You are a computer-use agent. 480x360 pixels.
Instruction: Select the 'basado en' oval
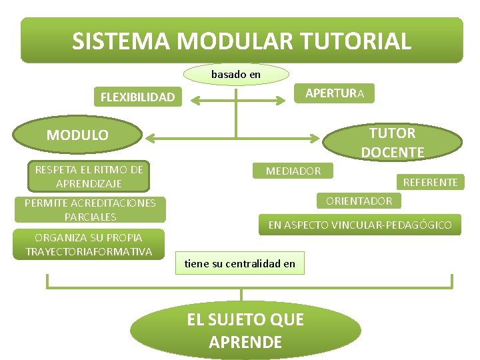coord(236,75)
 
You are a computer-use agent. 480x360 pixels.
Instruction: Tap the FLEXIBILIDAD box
coord(137,98)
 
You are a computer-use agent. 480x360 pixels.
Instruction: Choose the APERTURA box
coord(334,93)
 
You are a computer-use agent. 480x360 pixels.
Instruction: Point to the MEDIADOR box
coord(293,171)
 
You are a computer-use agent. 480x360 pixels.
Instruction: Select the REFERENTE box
coord(430,182)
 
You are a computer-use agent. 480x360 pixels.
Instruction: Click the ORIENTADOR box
coord(359,201)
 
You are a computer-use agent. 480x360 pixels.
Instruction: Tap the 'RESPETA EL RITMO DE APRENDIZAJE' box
coord(89,177)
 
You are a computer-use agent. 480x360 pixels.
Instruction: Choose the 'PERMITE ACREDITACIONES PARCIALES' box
coord(90,210)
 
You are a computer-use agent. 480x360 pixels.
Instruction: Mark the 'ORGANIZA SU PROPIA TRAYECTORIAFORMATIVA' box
coord(89,245)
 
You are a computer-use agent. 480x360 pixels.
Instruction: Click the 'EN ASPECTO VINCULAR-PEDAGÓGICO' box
coord(359,225)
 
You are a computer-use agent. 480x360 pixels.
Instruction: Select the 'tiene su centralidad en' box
coord(239,264)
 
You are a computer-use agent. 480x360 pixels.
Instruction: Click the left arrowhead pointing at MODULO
coord(151,138)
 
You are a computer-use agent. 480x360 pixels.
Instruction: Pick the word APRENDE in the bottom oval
coord(245,343)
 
